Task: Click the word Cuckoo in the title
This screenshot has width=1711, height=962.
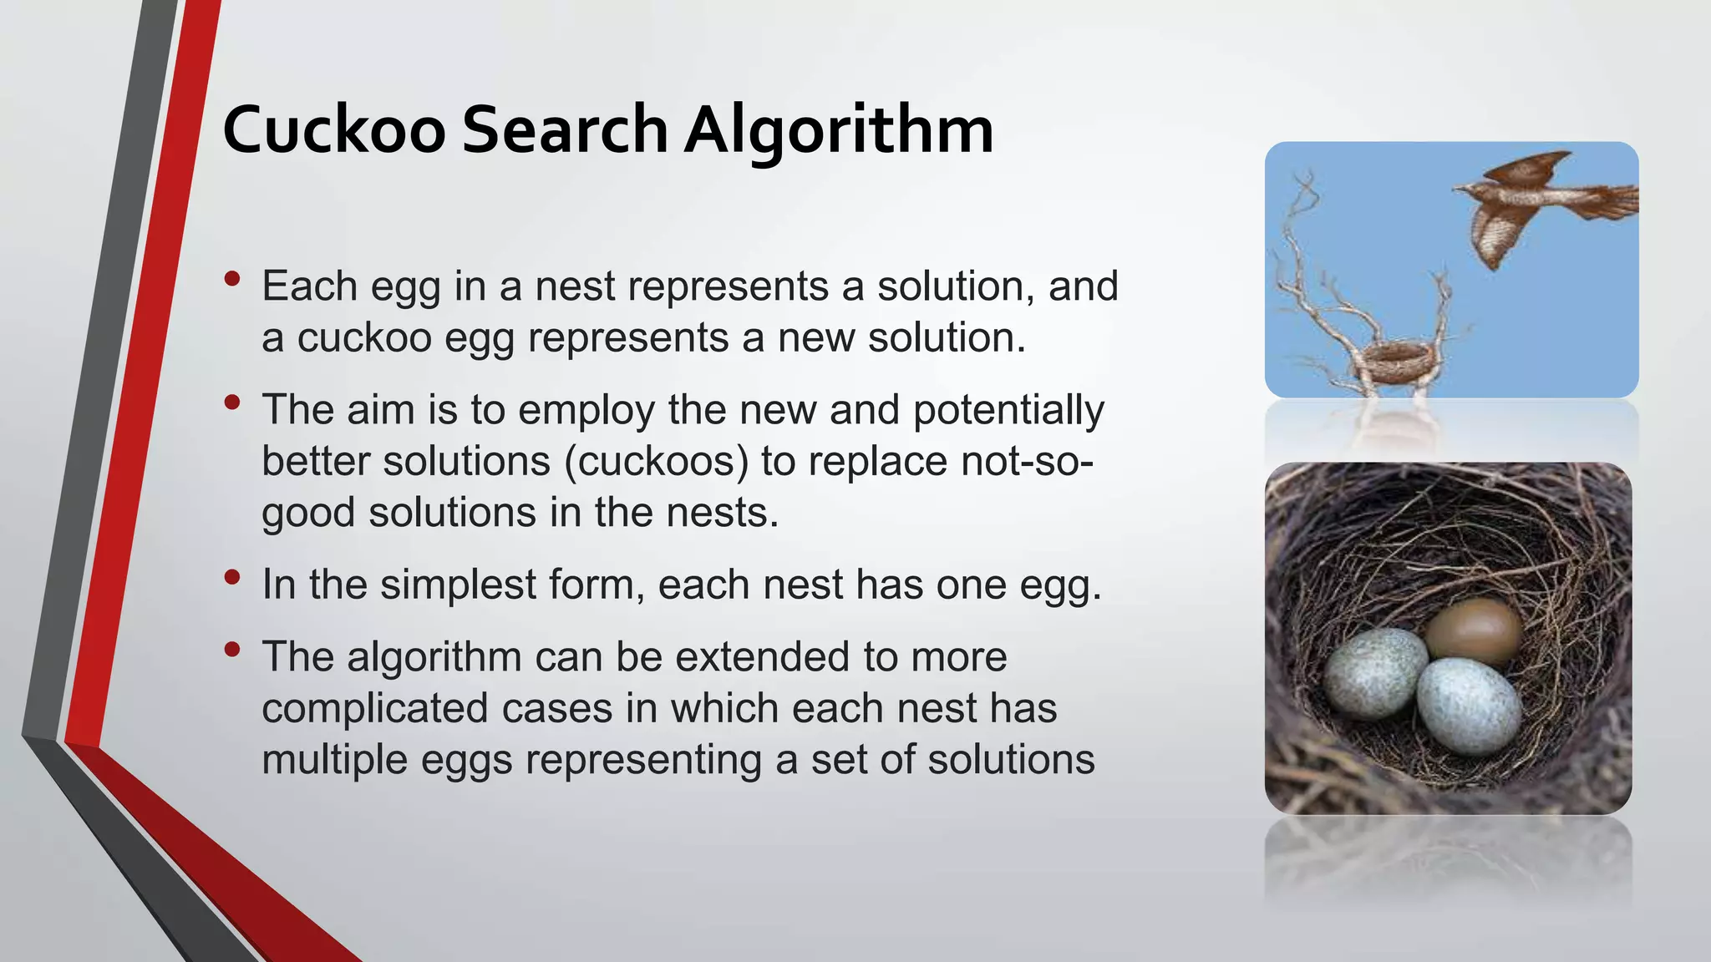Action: point(334,130)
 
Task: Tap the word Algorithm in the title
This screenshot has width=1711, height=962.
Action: point(839,130)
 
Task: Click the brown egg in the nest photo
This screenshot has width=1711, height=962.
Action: point(1473,630)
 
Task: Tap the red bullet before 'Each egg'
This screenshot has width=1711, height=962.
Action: point(233,277)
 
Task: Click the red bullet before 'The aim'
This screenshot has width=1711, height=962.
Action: point(233,403)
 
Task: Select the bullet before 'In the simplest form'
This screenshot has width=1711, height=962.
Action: point(233,576)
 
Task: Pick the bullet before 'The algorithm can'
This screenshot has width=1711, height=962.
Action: point(233,649)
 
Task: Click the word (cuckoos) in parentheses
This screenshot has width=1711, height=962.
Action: point(657,461)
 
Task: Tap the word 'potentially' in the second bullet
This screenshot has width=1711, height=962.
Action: point(1008,410)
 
